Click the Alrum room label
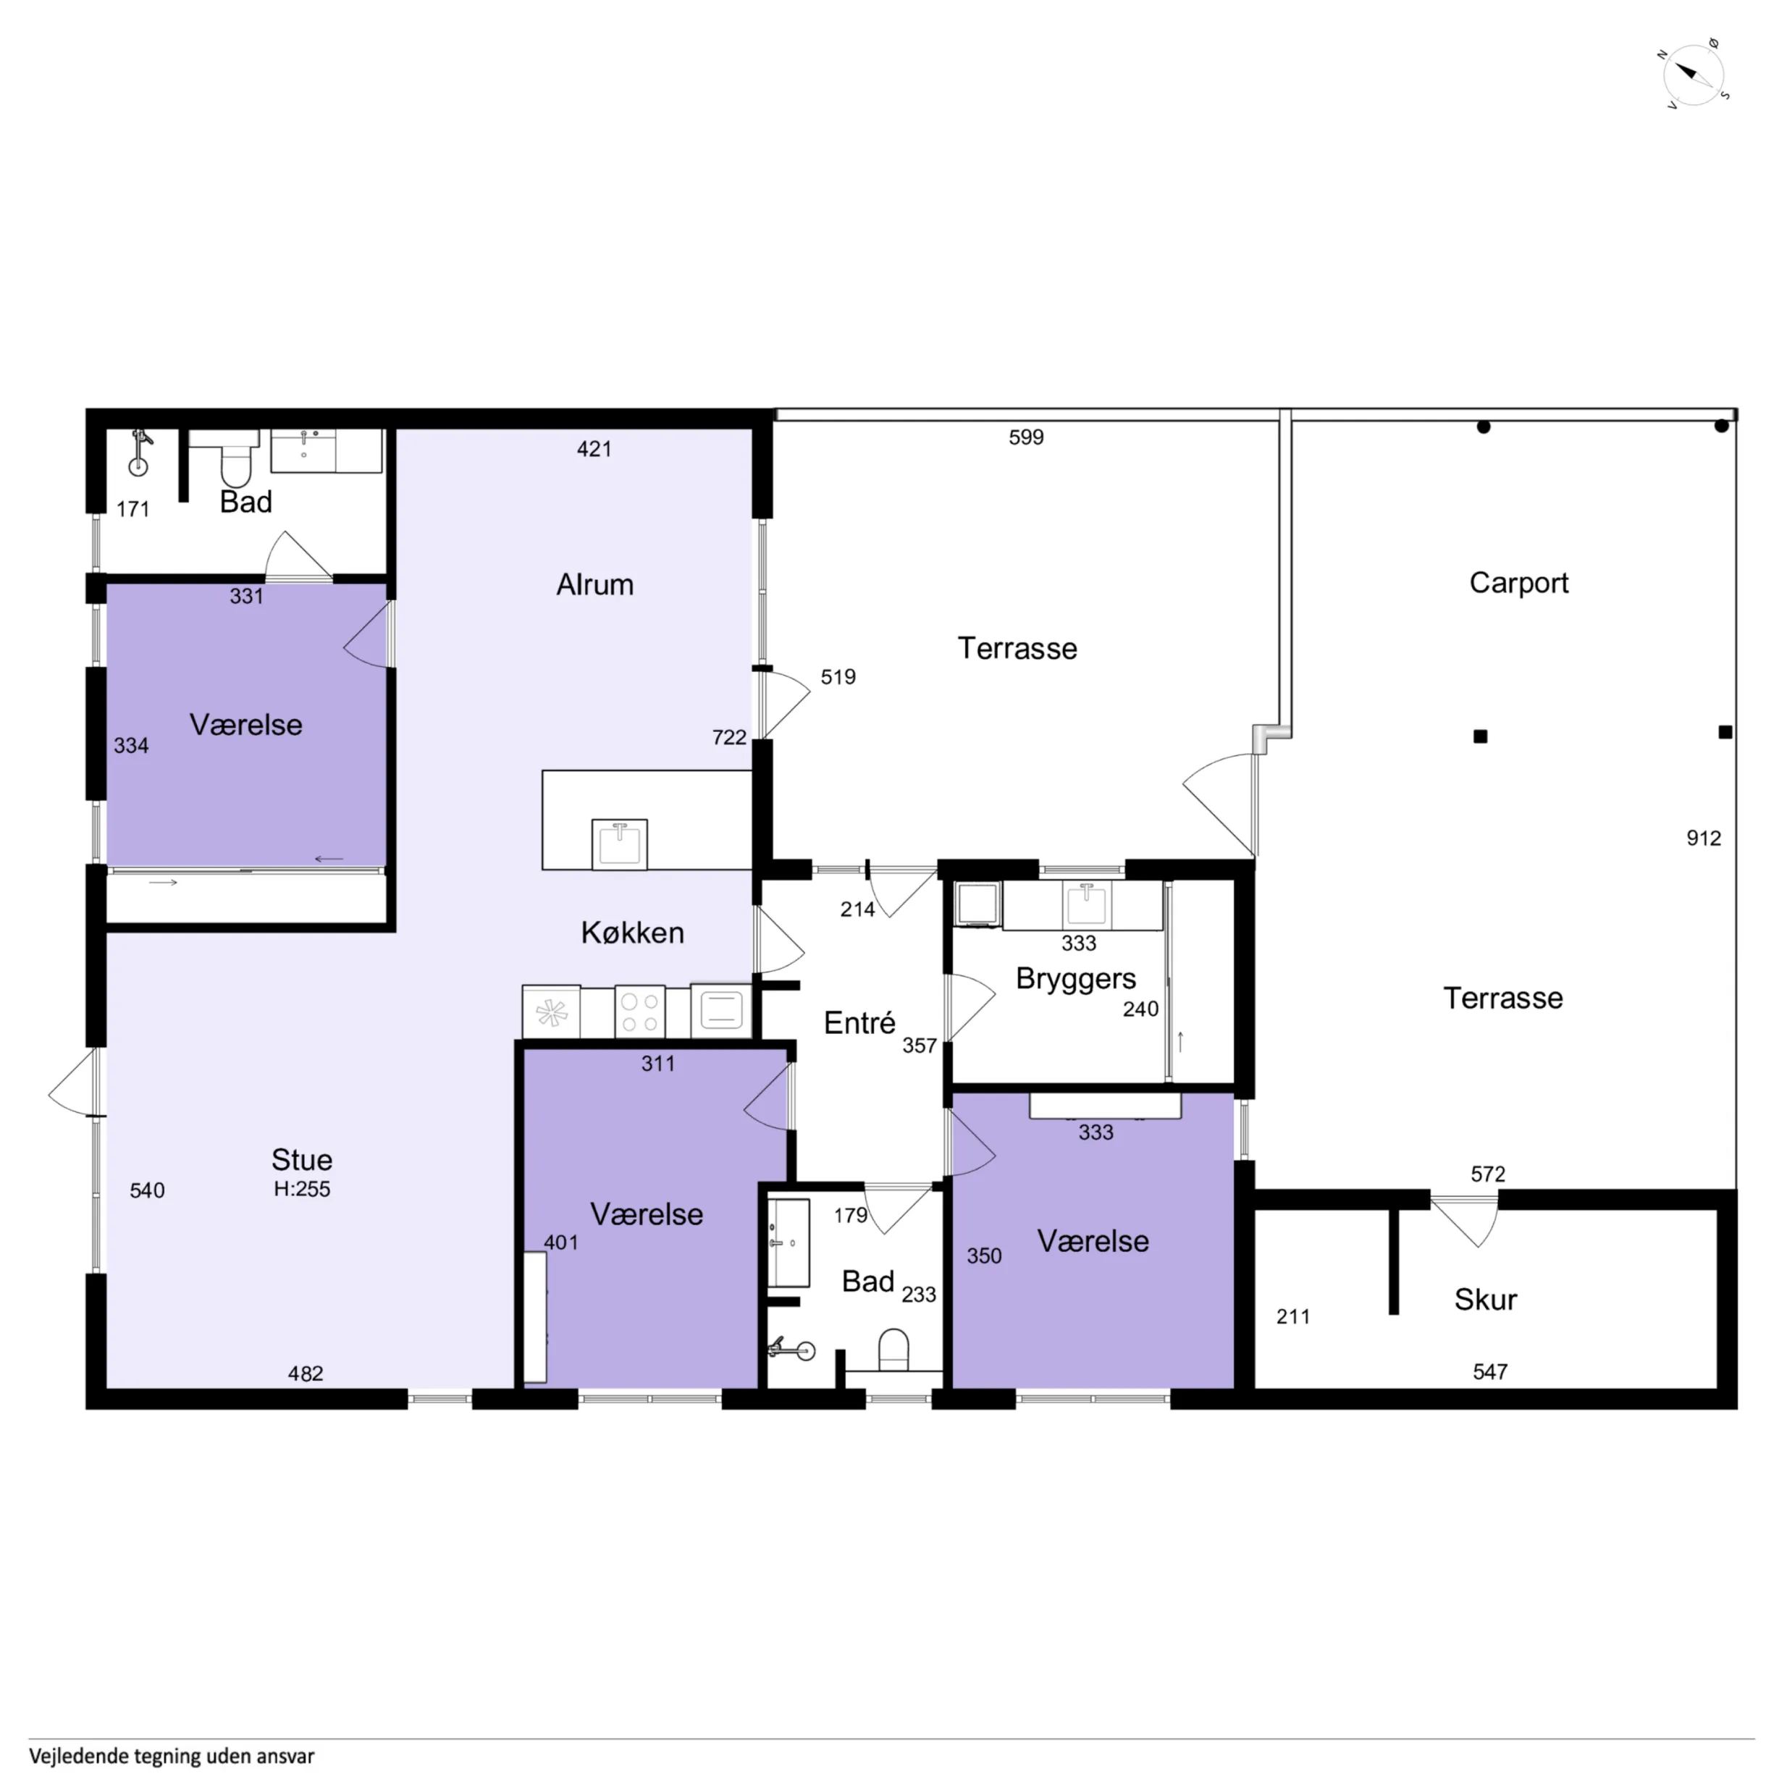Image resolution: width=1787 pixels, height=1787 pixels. (x=594, y=584)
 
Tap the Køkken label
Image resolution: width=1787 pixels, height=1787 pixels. (x=633, y=933)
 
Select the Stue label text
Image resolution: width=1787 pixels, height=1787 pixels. (x=301, y=1159)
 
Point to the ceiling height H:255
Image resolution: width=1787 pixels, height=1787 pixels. (x=301, y=1189)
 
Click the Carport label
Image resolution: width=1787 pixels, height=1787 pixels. (x=1519, y=583)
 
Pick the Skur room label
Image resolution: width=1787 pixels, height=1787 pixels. (x=1486, y=1300)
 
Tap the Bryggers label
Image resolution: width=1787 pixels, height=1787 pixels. (x=1076, y=980)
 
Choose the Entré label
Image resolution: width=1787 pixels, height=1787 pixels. (x=859, y=1022)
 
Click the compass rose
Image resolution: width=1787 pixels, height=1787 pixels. (x=1694, y=75)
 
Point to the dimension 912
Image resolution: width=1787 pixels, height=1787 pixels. (x=1704, y=838)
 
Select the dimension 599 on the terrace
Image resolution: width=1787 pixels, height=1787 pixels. (x=1026, y=437)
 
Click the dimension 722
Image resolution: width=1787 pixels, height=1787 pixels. (x=729, y=737)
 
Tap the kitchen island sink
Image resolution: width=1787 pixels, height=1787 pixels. (x=620, y=844)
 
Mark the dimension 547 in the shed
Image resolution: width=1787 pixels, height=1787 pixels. (x=1490, y=1371)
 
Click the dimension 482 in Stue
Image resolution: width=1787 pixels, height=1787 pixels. (x=306, y=1374)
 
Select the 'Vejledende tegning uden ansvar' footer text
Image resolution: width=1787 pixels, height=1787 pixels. (x=172, y=1756)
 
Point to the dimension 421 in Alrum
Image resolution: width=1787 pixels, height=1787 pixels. (x=594, y=449)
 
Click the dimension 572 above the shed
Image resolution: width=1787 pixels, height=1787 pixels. (x=1488, y=1174)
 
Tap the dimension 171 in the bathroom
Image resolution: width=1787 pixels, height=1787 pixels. (x=133, y=509)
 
